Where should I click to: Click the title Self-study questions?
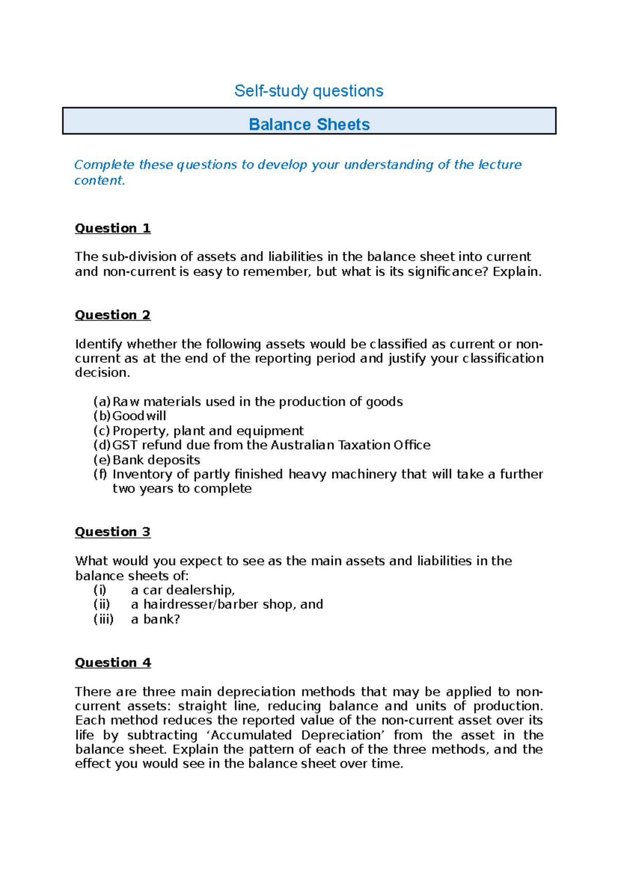tap(308, 91)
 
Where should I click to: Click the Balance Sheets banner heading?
tap(309, 125)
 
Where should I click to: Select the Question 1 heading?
tap(113, 228)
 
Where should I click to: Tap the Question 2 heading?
tap(113, 315)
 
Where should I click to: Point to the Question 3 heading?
tap(113, 532)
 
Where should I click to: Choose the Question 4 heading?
tap(113, 662)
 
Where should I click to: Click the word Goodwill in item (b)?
tap(139, 416)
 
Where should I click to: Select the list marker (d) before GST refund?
tap(102, 445)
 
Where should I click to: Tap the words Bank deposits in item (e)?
tap(156, 460)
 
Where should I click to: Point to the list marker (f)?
tap(100, 474)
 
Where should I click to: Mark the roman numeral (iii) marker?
tap(104, 619)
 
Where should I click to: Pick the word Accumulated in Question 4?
tap(251, 735)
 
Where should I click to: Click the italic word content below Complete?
tap(99, 181)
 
